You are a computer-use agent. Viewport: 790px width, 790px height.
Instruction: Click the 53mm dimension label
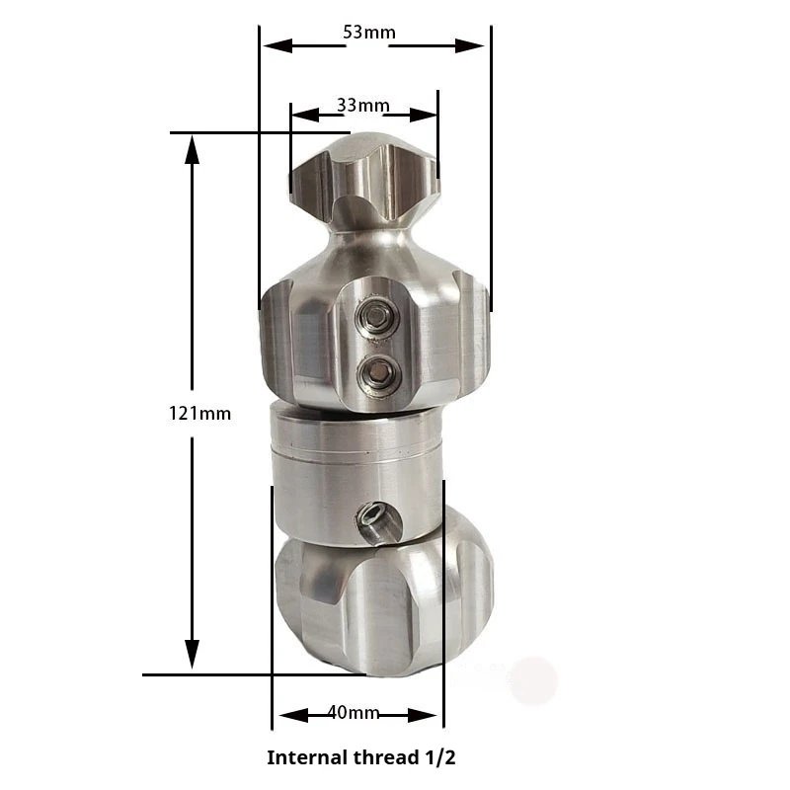click(x=369, y=33)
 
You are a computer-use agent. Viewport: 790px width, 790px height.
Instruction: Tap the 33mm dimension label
click(x=362, y=106)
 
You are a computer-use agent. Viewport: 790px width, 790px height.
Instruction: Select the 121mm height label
click(x=199, y=414)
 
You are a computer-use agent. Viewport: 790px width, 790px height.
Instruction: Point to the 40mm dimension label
click(x=354, y=712)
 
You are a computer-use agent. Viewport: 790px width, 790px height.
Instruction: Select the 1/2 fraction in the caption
click(x=439, y=757)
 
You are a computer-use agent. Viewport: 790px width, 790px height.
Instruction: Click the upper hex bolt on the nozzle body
click(x=375, y=316)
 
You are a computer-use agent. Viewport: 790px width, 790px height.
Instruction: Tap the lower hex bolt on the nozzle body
click(x=379, y=375)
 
